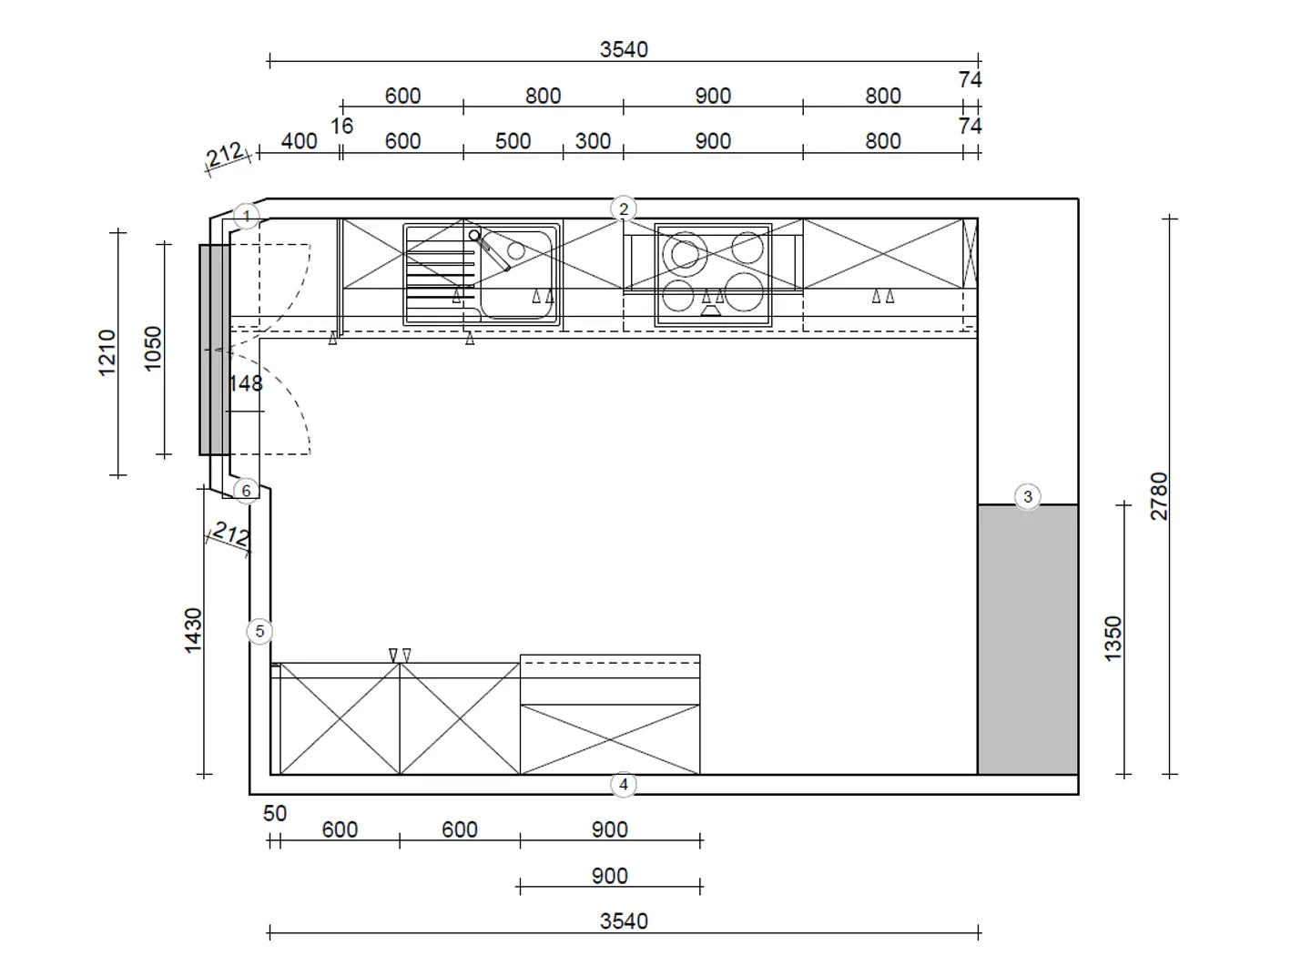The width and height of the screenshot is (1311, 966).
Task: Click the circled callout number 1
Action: point(247,217)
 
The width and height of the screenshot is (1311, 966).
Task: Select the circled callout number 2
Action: point(624,209)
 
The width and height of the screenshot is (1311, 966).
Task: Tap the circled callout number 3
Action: point(1028,497)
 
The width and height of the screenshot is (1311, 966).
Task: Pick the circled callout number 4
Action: point(624,785)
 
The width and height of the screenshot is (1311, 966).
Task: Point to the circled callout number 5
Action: point(259,631)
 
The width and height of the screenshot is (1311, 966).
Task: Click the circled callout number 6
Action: point(247,491)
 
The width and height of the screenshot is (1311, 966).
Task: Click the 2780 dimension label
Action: point(1159,496)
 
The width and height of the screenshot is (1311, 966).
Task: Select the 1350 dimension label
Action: point(1113,639)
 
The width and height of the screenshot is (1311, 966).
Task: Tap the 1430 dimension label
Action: point(193,631)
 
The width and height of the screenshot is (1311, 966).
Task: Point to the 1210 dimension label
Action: point(107,353)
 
